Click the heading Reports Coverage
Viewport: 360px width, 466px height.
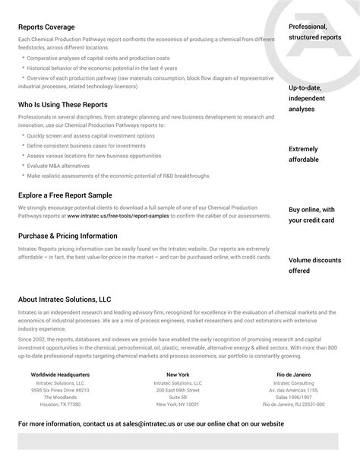(46, 27)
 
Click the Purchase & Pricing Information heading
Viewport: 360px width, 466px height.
(72, 236)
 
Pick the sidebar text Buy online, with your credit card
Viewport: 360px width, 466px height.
(311, 214)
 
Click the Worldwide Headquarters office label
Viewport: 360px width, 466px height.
(60, 375)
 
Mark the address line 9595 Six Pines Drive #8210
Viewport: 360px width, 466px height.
(60, 390)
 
